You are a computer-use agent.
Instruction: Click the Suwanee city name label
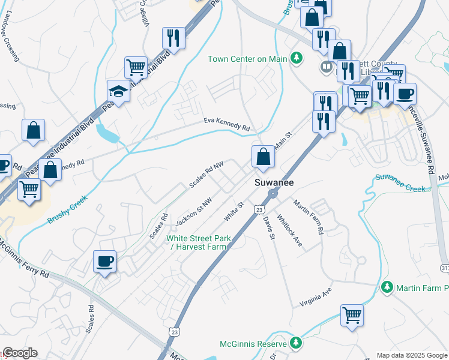pyautogui.click(x=274, y=182)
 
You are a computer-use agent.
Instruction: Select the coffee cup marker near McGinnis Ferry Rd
pyautogui.click(x=105, y=262)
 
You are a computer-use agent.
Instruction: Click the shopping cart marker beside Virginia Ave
pyautogui.click(x=352, y=314)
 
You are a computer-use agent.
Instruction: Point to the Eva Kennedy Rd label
pyautogui.click(x=226, y=125)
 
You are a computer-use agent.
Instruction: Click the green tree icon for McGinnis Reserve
pyautogui.click(x=295, y=343)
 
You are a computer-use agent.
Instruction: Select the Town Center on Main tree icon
pyautogui.click(x=296, y=58)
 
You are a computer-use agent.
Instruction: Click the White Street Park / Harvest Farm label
pyautogui.click(x=198, y=242)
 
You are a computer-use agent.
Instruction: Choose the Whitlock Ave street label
pyautogui.click(x=289, y=227)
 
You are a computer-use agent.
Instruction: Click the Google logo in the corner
pyautogui.click(x=20, y=353)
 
